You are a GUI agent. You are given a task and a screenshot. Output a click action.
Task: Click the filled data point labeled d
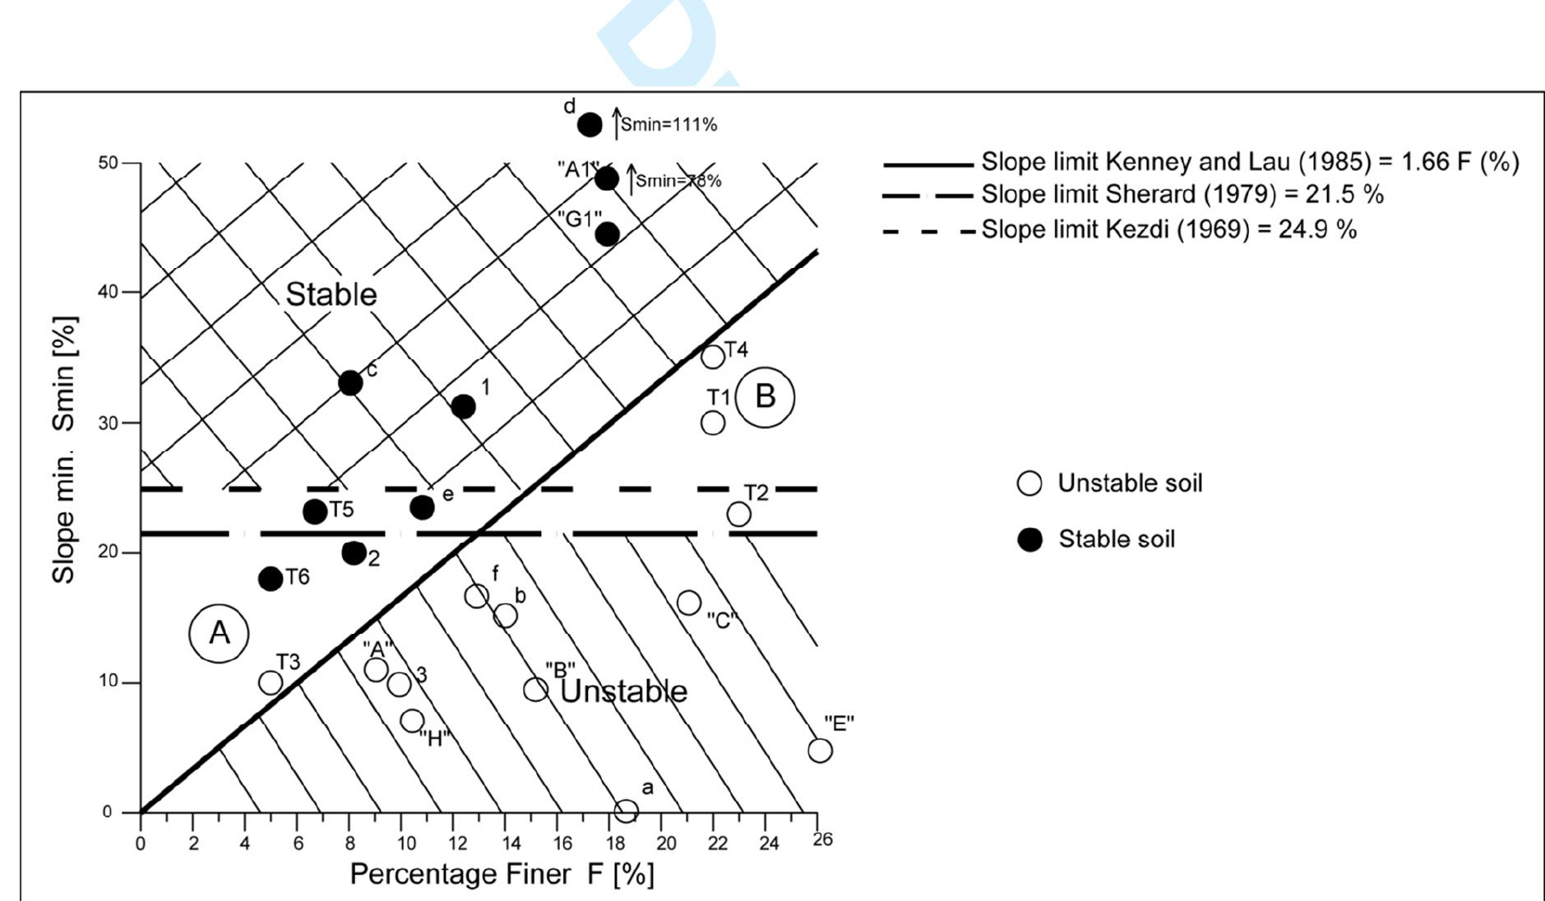pos(590,125)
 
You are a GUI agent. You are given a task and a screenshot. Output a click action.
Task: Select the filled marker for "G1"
pos(607,234)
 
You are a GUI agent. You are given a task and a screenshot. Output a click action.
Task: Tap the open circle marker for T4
pos(713,356)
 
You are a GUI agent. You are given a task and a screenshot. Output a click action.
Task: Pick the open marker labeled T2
pos(738,514)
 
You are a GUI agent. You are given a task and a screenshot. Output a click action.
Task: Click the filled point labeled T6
pos(270,579)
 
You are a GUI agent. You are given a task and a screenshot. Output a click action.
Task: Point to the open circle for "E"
pos(820,750)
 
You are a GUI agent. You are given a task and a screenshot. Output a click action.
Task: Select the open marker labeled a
pos(626,811)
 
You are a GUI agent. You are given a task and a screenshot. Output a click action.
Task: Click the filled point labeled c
pos(350,382)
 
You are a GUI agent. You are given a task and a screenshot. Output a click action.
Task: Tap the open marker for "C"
pos(689,603)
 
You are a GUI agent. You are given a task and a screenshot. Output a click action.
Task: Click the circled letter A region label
pos(219,633)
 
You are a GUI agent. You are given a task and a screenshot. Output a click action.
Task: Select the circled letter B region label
pos(765,397)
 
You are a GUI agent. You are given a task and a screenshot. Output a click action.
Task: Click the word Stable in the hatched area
pos(331,294)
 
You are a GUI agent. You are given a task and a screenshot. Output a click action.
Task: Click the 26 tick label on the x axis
pos(822,839)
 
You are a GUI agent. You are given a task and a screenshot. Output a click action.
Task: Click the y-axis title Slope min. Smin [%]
pos(63,449)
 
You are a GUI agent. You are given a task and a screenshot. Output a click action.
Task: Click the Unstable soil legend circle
pos(1029,483)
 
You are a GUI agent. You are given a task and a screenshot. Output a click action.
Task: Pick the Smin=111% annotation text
pos(668,125)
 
